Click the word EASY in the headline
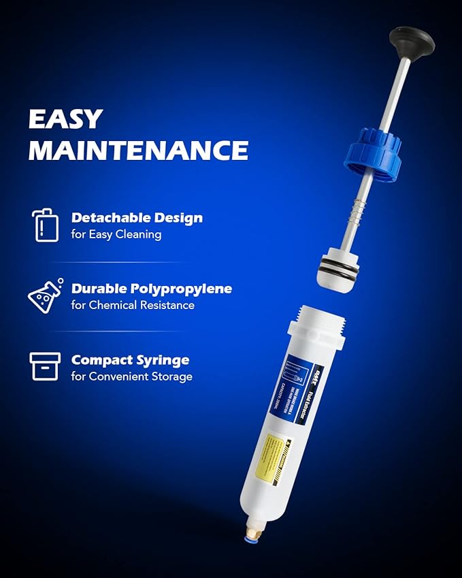click(x=65, y=118)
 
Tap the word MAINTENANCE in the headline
click(x=137, y=150)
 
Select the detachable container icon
click(x=42, y=225)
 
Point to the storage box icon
click(x=45, y=366)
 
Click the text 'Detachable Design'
click(x=137, y=218)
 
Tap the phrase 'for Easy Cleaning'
click(x=116, y=234)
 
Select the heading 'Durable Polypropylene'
click(x=151, y=289)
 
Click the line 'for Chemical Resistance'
click(x=133, y=305)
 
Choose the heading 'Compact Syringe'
click(x=130, y=359)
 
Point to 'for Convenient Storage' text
click(x=131, y=376)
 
